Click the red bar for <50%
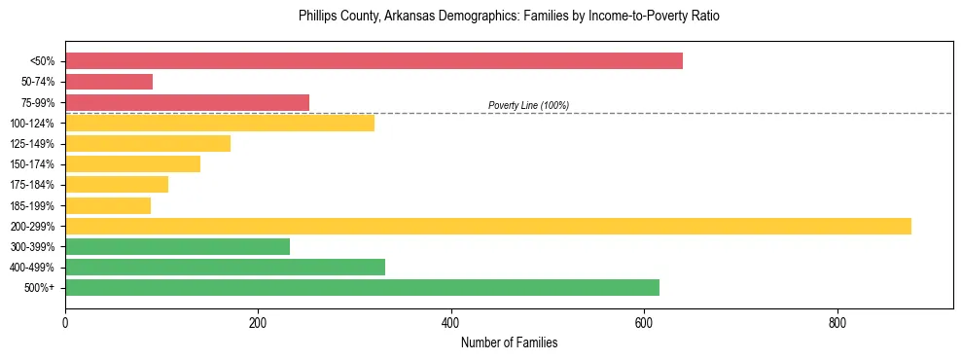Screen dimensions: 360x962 (x=374, y=61)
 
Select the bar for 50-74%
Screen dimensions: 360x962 (x=109, y=82)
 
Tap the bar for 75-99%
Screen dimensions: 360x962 (x=187, y=102)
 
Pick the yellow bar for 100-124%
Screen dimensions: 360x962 (x=220, y=124)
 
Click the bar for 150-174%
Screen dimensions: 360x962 (x=132, y=164)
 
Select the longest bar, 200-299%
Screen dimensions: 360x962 (x=488, y=226)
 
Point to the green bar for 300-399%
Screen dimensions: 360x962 (x=177, y=247)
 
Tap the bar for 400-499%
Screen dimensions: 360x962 (x=225, y=268)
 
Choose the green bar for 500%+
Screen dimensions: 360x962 (x=362, y=288)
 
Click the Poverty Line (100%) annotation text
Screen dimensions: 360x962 (x=528, y=105)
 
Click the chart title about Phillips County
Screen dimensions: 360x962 (x=509, y=17)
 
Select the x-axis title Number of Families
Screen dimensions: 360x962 (x=509, y=342)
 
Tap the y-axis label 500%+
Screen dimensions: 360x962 (x=39, y=288)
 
